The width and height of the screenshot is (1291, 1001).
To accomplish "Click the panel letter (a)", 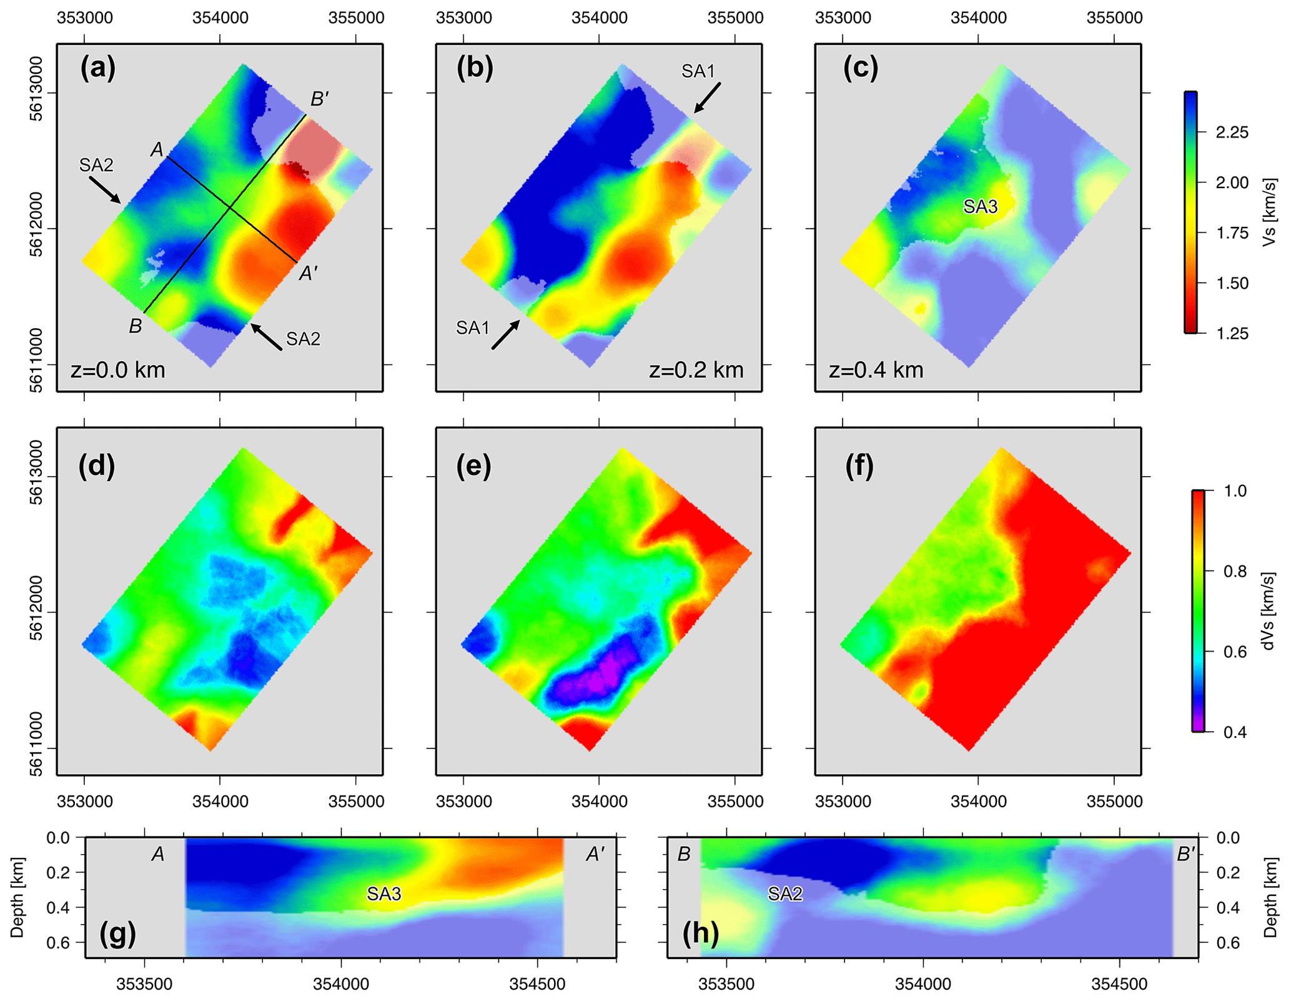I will [98, 67].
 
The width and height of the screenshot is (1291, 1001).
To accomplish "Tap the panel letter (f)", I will [859, 467].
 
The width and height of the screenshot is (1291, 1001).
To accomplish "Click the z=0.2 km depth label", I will [696, 370].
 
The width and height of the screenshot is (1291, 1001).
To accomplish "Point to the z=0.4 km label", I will [876, 370].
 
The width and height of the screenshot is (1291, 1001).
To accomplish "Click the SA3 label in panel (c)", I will [980, 206].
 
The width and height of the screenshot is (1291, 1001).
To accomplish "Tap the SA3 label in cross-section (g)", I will [383, 894].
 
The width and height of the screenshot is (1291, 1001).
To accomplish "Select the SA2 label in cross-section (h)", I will [784, 894].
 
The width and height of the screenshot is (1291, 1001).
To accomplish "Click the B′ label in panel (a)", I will [320, 99].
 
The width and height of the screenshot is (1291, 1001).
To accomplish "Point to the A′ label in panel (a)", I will [309, 274].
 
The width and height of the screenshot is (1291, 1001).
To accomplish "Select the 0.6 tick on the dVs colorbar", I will [1234, 652].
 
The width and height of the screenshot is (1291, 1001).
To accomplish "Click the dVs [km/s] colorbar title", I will [1268, 611].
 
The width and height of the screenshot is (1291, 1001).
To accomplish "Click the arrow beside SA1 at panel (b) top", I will [707, 98].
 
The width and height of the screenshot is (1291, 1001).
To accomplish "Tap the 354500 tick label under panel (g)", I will [537, 984].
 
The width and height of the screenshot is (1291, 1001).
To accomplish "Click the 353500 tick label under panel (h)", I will [726, 984].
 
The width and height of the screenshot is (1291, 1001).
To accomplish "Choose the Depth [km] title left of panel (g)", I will [17, 897].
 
